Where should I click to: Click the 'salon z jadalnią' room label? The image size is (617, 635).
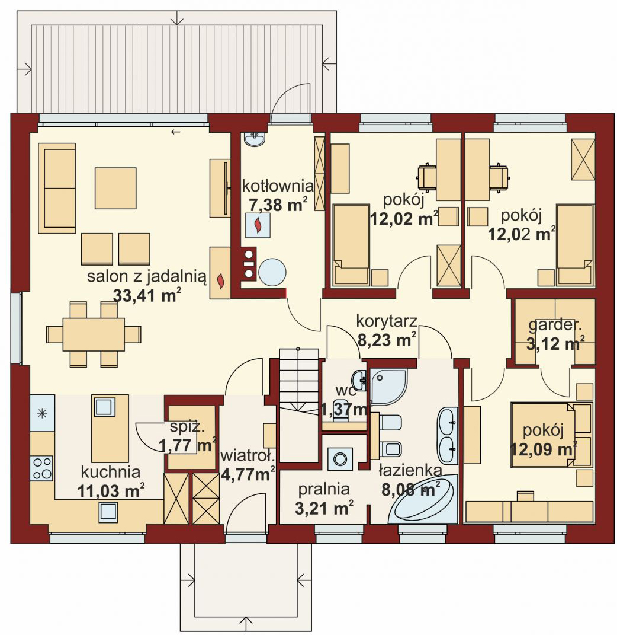point(146,276)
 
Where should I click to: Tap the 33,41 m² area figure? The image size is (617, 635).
point(146,295)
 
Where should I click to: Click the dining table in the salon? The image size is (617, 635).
point(94,334)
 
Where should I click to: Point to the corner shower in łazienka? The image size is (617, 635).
point(388,386)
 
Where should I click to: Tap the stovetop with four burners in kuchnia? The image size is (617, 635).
point(42,468)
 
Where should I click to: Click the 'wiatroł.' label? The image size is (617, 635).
point(248,456)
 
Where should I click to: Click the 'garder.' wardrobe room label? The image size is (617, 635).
point(554,325)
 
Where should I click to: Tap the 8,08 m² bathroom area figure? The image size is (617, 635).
point(409,490)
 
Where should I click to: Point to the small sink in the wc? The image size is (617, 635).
point(359,379)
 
